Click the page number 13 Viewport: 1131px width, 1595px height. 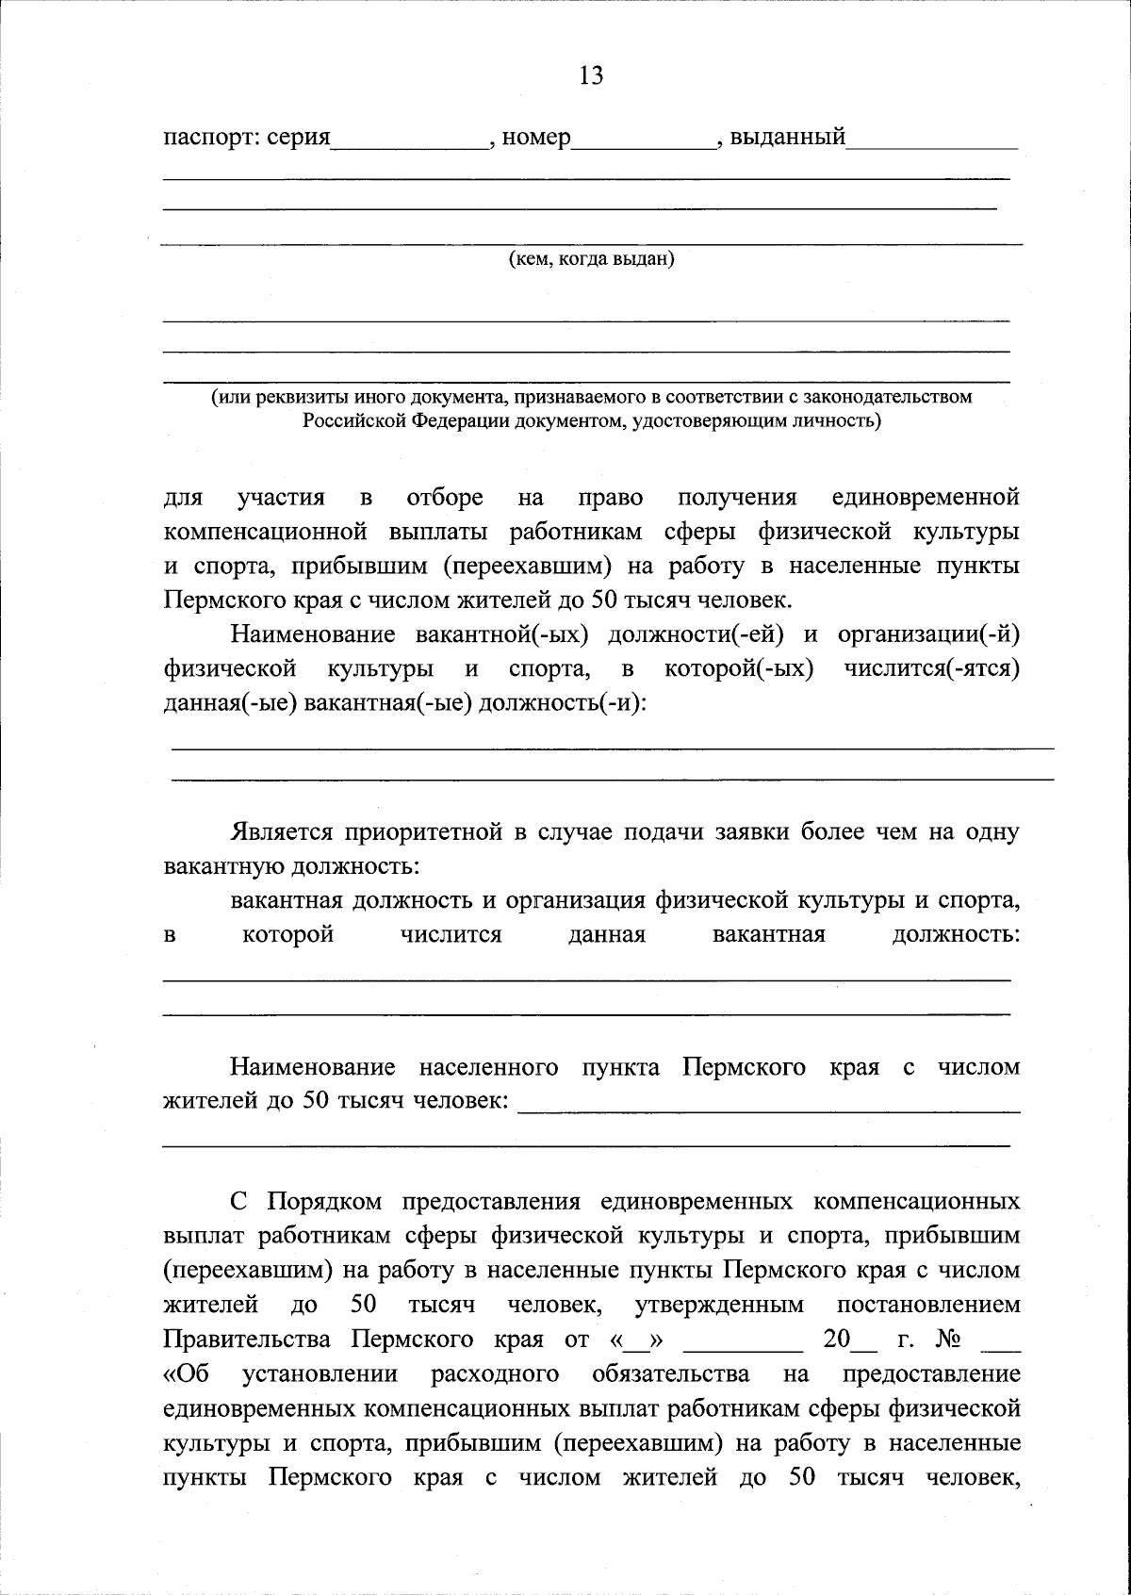coord(591,75)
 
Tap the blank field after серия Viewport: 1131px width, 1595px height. coord(410,141)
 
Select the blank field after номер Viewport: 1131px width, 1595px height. coord(644,141)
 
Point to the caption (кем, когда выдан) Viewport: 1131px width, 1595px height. coord(591,258)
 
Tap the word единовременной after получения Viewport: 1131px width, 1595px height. coord(926,497)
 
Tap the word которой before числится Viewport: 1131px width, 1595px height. coord(288,934)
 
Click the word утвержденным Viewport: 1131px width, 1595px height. coord(720,1305)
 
